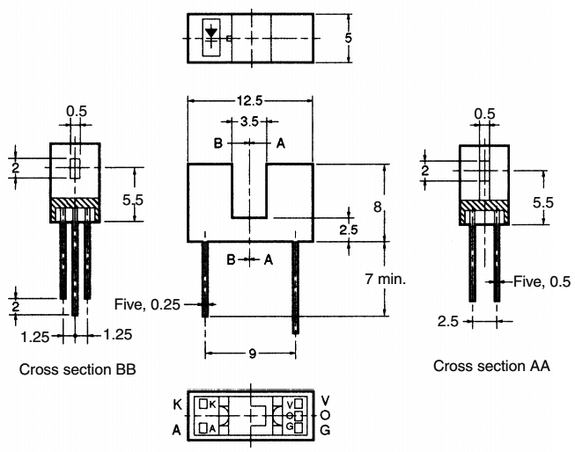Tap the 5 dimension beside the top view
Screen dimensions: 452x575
coord(349,38)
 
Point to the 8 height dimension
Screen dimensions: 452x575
coord(378,207)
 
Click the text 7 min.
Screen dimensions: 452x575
coord(389,279)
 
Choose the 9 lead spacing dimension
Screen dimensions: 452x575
coord(251,354)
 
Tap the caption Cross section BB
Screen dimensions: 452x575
coord(77,368)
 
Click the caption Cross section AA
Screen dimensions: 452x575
coord(491,365)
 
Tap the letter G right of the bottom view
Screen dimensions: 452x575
coord(326,430)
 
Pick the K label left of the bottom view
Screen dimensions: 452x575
coord(177,403)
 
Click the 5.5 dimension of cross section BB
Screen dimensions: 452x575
coord(133,201)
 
